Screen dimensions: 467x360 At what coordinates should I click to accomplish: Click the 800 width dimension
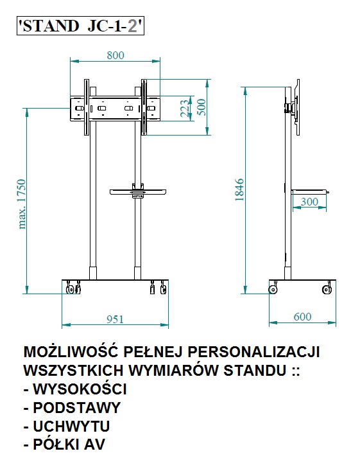point(116,55)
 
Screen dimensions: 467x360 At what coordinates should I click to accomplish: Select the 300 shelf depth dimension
point(309,202)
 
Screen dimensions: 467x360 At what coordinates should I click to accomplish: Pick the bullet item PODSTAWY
point(76,408)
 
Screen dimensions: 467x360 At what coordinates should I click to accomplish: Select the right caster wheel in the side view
point(327,289)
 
